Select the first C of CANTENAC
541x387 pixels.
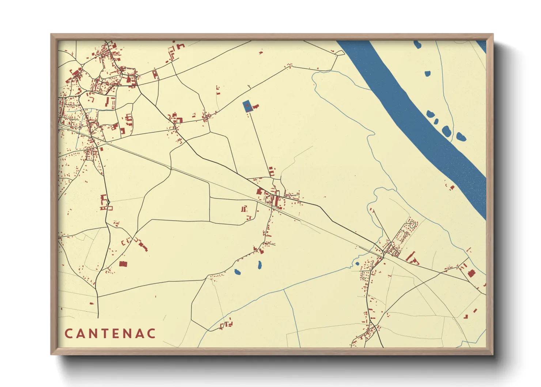point(68,334)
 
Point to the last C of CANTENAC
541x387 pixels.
point(152,334)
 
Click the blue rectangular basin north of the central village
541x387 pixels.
point(247,106)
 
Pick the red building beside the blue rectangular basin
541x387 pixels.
point(256,106)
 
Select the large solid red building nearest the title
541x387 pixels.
point(123,264)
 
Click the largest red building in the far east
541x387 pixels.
point(471,273)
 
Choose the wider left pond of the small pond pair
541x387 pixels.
point(237,272)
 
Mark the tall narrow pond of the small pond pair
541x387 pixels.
point(259,265)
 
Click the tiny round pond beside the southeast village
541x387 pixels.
point(357,263)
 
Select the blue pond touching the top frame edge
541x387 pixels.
point(417,45)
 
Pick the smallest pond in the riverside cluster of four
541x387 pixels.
point(436,121)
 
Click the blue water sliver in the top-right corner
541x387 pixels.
point(482,46)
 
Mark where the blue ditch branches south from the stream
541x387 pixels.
point(284,290)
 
